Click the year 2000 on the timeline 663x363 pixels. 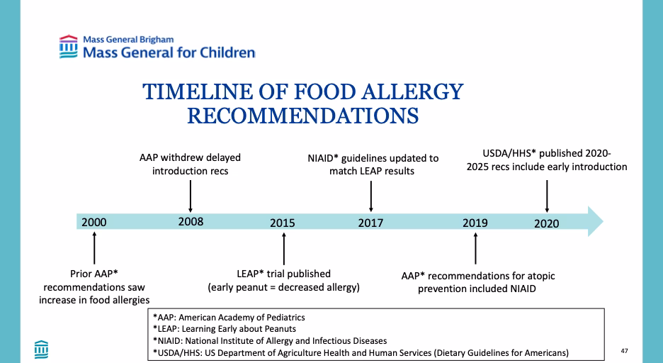94,222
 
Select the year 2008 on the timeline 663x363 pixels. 191,221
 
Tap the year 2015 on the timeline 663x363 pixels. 283,223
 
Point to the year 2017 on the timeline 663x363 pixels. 370,223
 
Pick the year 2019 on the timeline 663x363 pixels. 475,223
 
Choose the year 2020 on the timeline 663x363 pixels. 546,223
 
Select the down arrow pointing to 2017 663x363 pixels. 371,195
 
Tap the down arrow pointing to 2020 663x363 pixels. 546,195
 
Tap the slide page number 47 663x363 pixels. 624,350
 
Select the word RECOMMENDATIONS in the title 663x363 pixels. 302,116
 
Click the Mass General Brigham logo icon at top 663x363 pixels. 69,46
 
